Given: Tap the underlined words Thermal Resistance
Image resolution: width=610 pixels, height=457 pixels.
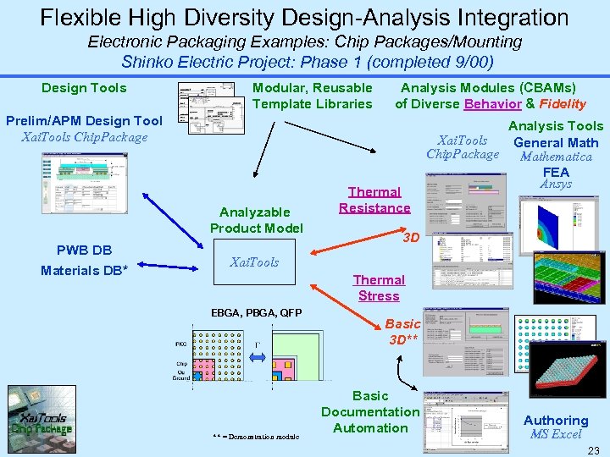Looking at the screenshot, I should (374, 200).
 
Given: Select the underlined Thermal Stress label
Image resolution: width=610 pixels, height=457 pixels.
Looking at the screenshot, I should (379, 288).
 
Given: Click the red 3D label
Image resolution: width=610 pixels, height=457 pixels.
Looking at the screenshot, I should (411, 238).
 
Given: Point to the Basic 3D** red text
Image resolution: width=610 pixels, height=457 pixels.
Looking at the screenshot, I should (402, 332).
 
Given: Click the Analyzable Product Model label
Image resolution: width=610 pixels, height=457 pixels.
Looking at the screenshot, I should (256, 220).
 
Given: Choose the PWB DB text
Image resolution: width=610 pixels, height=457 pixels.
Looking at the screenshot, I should (84, 251).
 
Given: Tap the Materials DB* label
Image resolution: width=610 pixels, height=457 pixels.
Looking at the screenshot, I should (84, 271).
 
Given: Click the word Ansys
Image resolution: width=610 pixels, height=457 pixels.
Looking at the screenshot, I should (556, 184).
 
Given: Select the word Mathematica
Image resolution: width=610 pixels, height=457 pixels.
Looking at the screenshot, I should (556, 157).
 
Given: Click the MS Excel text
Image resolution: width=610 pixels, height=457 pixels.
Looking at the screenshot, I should (556, 435).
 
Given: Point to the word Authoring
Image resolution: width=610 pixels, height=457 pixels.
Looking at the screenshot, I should (556, 421).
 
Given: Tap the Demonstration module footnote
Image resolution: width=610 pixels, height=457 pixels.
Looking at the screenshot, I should (256, 437).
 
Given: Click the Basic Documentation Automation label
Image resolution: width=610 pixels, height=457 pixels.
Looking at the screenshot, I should (370, 412).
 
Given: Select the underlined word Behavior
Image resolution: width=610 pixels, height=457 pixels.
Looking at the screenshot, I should (492, 104).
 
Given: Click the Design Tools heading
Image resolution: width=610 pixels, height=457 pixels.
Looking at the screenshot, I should (84, 88).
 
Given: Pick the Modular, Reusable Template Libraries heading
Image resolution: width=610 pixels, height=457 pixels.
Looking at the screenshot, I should (313, 96).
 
